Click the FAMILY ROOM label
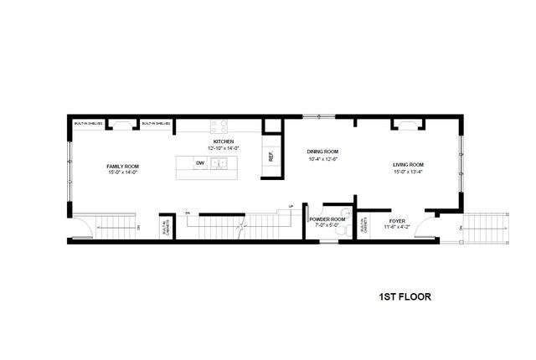(121, 167)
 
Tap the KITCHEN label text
(223, 141)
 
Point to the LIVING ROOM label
(409, 164)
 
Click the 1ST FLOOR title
(405, 296)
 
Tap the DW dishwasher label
(200, 162)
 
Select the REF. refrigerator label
(271, 157)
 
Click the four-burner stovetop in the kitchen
(219, 126)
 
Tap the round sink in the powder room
(346, 212)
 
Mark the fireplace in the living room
(406, 125)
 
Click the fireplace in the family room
(121, 126)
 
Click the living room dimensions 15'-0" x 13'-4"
(409, 173)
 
